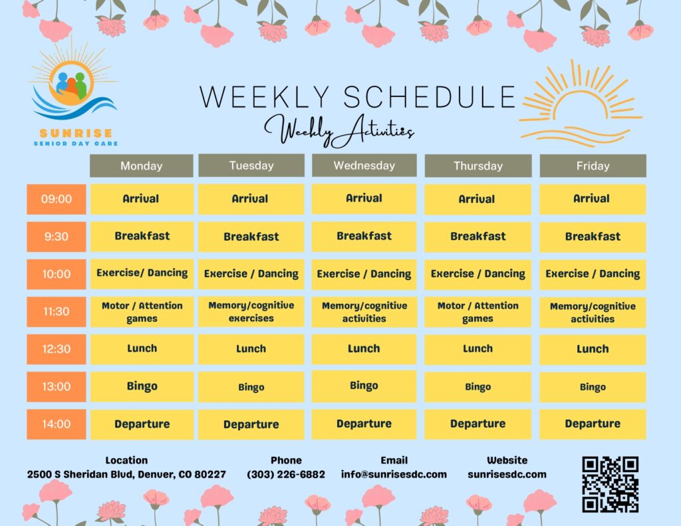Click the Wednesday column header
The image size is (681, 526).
click(x=364, y=166)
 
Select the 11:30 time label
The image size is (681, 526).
click(x=57, y=311)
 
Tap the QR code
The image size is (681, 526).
click(x=611, y=484)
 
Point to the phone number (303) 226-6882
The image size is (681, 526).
click(x=286, y=474)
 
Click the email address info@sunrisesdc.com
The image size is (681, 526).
click(x=394, y=474)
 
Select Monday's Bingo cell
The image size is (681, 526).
click(x=142, y=386)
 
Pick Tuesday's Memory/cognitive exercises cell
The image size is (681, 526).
click(x=251, y=312)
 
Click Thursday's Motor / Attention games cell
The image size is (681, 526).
click(x=477, y=312)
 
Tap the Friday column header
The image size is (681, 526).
click(x=593, y=166)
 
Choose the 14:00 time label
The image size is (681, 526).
click(x=57, y=424)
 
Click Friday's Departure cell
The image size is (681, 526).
click(x=593, y=424)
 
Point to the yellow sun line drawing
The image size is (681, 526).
click(x=581, y=103)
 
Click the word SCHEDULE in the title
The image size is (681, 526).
click(x=430, y=96)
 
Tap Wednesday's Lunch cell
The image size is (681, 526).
click(x=364, y=349)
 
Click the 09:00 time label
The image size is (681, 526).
click(x=57, y=199)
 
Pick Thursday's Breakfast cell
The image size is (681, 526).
click(x=477, y=237)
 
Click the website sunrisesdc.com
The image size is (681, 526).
click(x=507, y=474)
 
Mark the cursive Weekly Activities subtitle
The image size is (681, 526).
click(x=339, y=130)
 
